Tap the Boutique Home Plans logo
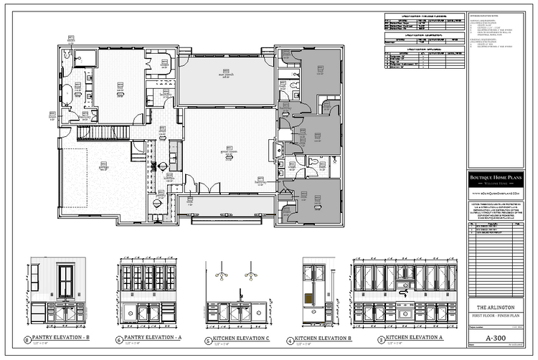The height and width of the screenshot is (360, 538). tap(496, 179)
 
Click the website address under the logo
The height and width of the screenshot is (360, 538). tap(496, 194)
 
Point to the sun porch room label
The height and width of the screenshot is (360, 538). tap(226, 75)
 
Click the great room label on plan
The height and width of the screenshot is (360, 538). tap(228, 152)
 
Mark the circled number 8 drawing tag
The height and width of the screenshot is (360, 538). tap(28, 339)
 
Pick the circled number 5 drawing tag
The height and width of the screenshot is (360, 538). tap(208, 340)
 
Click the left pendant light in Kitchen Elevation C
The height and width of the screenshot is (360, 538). tap(223, 275)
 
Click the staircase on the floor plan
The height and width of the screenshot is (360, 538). tap(102, 133)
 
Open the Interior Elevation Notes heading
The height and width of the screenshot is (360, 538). tap(488, 15)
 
